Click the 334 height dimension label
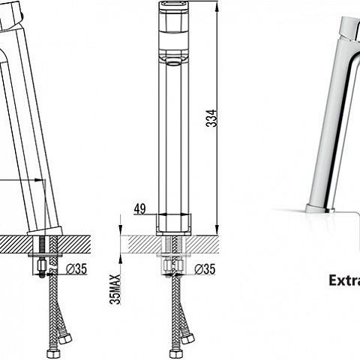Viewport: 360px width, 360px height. tap(211, 118)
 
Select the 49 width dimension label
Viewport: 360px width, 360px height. tap(140, 208)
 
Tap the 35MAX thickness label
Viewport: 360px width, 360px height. tap(115, 289)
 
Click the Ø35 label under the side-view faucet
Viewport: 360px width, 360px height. tap(76, 268)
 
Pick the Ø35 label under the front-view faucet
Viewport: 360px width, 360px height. tap(205, 268)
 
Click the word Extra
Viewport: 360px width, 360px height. tap(344, 280)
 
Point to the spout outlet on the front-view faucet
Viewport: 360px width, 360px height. tap(173, 62)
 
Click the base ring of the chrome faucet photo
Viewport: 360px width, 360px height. tap(320, 209)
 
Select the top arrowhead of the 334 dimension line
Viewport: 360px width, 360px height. tap(217, 5)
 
